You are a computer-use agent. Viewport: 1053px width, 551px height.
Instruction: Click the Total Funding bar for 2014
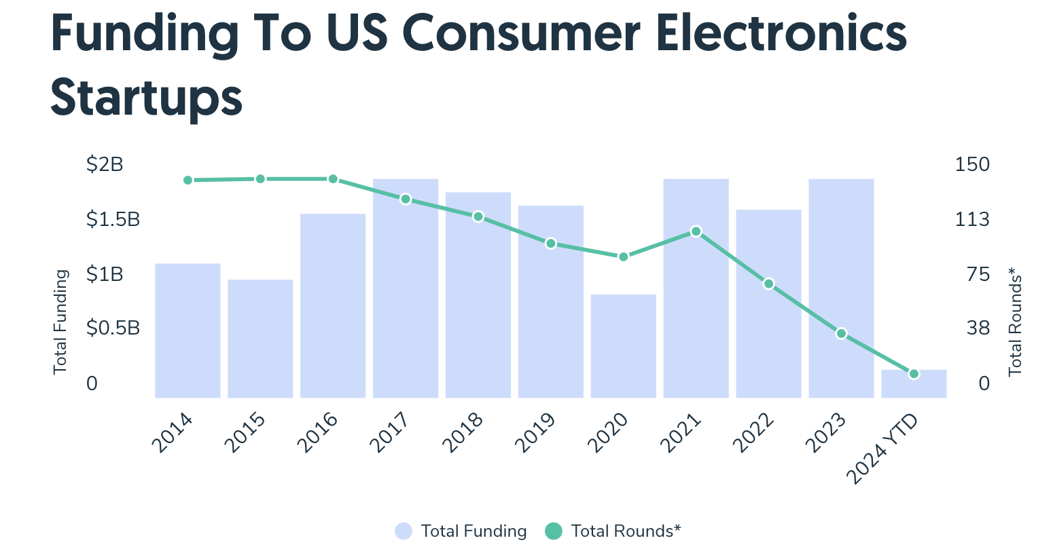coord(188,330)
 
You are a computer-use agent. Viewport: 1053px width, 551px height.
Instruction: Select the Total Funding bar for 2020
coord(623,346)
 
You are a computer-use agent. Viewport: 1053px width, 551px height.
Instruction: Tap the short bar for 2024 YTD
coord(914,384)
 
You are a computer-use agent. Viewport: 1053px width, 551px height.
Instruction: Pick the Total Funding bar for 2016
coord(333,305)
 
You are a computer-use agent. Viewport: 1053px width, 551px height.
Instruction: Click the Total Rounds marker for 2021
coord(696,231)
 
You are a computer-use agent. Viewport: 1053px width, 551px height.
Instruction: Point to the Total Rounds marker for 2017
coord(406,199)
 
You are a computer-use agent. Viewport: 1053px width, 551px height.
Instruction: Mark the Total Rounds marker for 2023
coord(841,333)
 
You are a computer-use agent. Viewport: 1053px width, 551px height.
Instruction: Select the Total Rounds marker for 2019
coord(551,243)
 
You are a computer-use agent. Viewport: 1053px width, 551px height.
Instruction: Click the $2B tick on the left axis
coord(105,165)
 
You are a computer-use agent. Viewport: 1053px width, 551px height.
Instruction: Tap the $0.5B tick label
coord(113,328)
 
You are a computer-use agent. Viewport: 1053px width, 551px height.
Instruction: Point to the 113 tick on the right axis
coord(972,220)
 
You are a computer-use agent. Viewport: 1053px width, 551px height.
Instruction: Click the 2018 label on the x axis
coord(463,433)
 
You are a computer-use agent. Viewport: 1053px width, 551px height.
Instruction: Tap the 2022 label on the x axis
coord(754,433)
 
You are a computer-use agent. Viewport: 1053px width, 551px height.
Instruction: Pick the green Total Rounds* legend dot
coord(554,531)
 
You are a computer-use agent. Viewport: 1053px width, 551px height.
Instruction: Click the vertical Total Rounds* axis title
coord(1015,322)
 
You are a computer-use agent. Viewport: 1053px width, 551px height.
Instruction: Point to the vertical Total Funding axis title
coord(60,322)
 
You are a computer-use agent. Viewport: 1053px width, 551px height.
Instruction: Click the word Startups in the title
coord(146,97)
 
